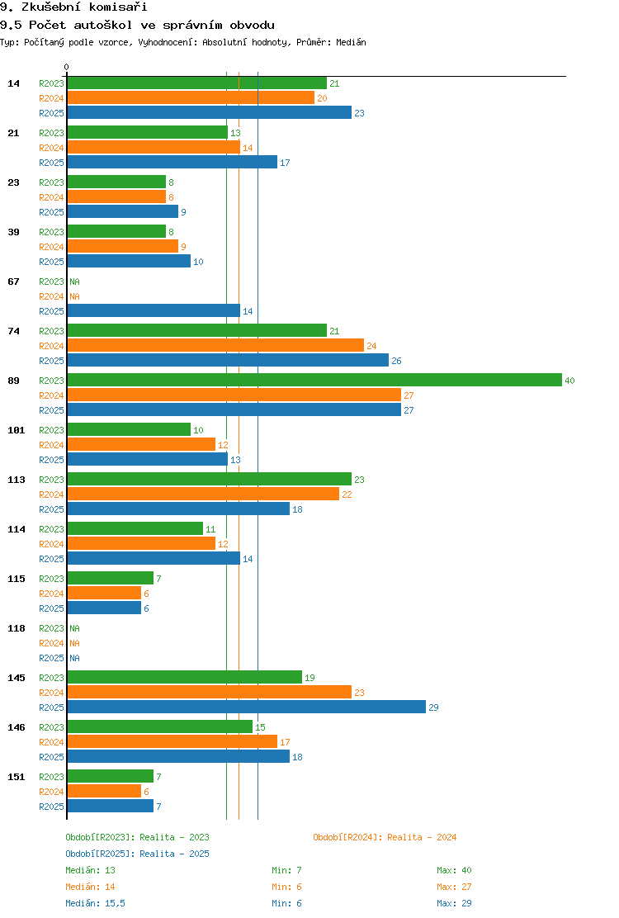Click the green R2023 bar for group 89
tap(314, 380)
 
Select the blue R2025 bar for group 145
tap(246, 707)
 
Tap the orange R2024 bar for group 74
tap(215, 345)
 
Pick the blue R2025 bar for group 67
tap(154, 311)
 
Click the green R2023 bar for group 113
tap(210, 479)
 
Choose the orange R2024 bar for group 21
tap(154, 148)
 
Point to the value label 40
tap(569, 381)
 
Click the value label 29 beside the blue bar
tap(433, 707)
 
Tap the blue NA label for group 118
tap(75, 658)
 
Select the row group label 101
tap(17, 430)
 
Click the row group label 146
tap(17, 727)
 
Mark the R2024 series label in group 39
tap(51, 247)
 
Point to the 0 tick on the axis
tap(66, 68)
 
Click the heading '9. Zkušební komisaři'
tap(73, 7)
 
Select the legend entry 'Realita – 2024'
tap(422, 837)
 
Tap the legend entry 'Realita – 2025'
tap(174, 854)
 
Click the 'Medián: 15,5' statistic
tap(96, 903)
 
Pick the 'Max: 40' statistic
tap(454, 870)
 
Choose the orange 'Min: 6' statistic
tap(286, 887)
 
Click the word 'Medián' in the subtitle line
tap(351, 42)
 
